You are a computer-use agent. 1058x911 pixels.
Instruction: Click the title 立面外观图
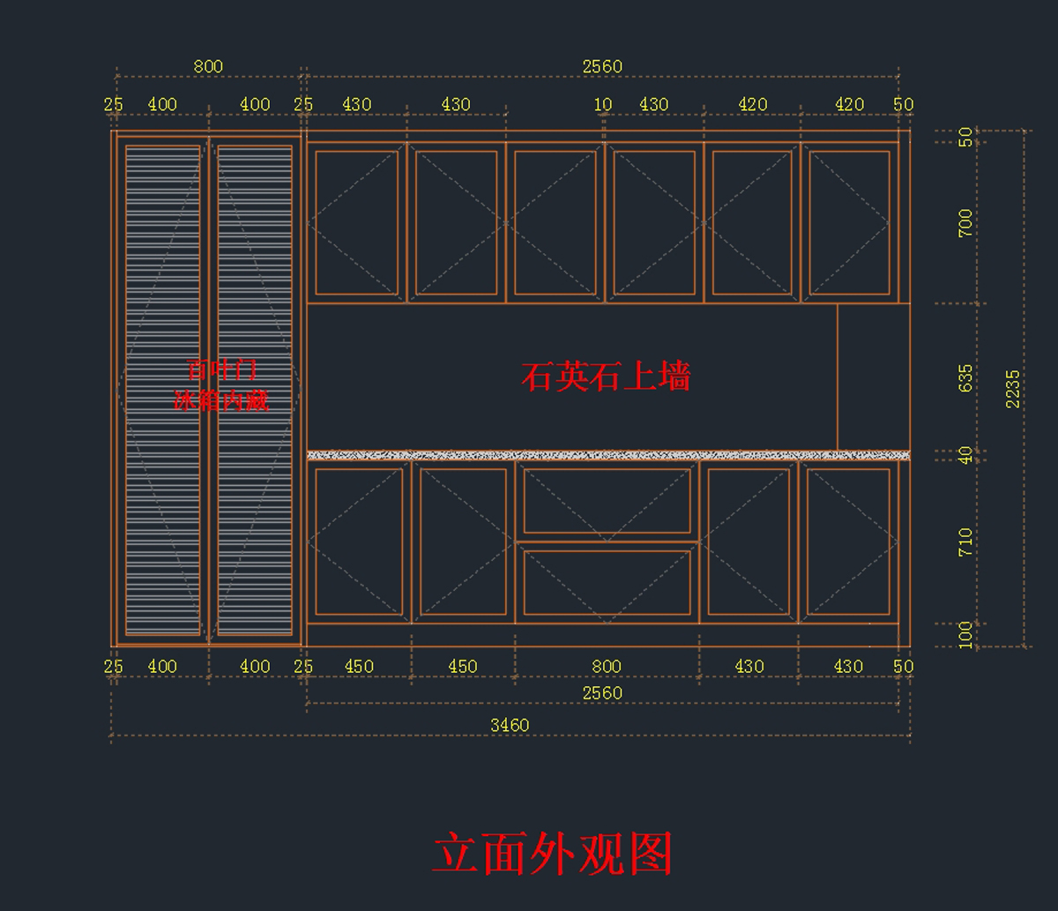point(553,854)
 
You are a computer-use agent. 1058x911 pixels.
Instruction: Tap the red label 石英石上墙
point(606,377)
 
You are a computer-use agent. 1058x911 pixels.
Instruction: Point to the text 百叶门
point(222,370)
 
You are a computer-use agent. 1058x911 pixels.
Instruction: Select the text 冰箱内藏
point(220,401)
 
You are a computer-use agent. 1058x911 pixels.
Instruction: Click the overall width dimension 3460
point(510,725)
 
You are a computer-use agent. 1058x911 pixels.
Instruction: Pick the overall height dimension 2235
point(1013,388)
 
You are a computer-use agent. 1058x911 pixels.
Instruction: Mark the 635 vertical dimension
point(965,378)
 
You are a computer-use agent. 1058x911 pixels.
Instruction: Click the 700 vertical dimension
point(965,223)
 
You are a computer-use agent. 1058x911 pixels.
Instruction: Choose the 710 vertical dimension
point(965,541)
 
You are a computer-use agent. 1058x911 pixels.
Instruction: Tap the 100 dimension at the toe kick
point(965,634)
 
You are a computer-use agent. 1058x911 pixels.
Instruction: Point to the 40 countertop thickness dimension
point(965,455)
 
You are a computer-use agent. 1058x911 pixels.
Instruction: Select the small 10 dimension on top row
point(603,104)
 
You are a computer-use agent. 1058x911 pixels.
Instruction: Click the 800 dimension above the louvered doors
point(208,66)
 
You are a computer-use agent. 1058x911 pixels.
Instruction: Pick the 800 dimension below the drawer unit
point(607,667)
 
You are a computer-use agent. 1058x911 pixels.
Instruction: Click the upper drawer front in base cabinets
point(607,500)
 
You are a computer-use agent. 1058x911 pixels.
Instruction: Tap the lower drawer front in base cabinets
point(607,582)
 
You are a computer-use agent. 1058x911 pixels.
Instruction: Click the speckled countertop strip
point(608,455)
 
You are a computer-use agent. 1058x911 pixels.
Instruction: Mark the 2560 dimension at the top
point(602,66)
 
